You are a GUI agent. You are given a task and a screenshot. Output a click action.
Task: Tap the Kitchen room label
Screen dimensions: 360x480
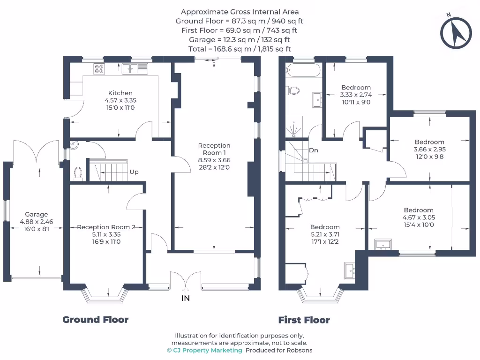120,93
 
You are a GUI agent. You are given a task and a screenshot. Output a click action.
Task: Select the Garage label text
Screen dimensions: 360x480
37,214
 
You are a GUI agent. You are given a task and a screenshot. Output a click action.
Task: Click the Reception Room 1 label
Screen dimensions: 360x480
214,149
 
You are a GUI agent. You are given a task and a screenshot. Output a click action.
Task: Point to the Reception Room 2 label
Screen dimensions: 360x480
106,227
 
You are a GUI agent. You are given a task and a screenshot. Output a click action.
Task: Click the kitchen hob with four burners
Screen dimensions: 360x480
99,68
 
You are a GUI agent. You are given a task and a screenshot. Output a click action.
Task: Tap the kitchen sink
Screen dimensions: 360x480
135,68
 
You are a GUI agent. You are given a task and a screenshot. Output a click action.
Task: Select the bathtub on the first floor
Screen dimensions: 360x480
304,70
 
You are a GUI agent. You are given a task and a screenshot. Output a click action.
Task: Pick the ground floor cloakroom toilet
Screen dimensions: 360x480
78,173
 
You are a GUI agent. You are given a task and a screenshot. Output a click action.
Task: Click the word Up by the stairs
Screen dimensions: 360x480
134,172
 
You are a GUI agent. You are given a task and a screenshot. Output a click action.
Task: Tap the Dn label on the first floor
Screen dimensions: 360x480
314,150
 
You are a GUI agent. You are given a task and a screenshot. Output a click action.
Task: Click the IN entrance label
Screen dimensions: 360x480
186,298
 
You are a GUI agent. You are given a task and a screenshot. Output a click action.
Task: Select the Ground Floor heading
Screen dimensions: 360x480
96,320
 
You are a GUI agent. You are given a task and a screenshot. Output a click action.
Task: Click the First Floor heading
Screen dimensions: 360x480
304,320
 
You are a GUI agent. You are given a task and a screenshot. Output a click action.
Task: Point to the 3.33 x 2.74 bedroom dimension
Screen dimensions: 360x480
356,95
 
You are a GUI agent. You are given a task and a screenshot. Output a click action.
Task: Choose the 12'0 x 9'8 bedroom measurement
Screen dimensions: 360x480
429,157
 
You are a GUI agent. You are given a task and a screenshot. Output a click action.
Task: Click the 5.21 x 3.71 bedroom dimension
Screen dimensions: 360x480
325,234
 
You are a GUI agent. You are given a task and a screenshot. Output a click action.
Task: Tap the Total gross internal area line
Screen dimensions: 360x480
240,49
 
